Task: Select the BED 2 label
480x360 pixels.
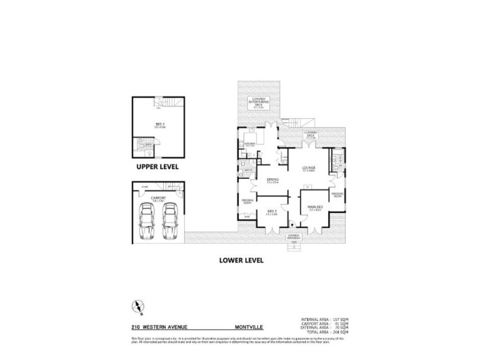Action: pyautogui.click(x=272, y=211)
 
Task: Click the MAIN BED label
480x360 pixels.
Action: pyautogui.click(x=315, y=208)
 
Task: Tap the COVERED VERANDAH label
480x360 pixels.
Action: pyautogui.click(x=293, y=236)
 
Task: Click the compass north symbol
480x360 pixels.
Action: pyautogui.click(x=137, y=306)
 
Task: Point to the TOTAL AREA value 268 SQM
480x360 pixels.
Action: pyautogui.click(x=339, y=332)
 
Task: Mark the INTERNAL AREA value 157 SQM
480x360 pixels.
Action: pyautogui.click(x=339, y=319)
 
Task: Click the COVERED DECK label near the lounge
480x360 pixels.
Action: pyautogui.click(x=310, y=134)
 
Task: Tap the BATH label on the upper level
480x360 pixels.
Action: pyautogui.click(x=148, y=145)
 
